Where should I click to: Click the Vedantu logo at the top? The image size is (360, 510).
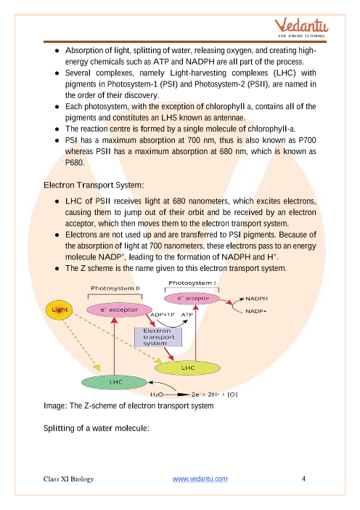tap(301, 28)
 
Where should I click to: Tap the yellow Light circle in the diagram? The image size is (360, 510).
tap(59, 309)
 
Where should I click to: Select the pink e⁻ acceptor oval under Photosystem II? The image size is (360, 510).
tap(119, 309)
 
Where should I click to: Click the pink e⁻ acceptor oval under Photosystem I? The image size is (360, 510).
tap(192, 299)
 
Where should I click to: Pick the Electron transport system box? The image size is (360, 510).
tap(158, 337)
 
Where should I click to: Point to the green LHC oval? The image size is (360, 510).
tap(115, 382)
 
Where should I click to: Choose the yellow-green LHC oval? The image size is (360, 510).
tap(187, 368)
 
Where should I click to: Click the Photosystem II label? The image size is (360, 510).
tap(115, 288)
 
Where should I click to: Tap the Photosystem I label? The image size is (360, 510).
tap(192, 283)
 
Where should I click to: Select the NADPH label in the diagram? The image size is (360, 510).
tap(256, 299)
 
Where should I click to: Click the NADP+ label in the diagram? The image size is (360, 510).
tap(256, 311)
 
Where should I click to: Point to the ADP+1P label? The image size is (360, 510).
tap(163, 315)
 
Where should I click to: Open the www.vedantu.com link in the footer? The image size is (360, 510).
tap(200, 479)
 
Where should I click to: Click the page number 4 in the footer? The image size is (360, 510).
tap(303, 479)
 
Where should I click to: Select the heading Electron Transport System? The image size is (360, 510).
tap(94, 185)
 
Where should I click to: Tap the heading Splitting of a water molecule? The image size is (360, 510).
tap(97, 428)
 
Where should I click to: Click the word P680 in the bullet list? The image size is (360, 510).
tap(75, 163)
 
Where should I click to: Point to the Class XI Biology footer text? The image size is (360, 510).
tap(68, 479)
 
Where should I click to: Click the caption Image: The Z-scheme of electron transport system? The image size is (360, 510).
tap(128, 406)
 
